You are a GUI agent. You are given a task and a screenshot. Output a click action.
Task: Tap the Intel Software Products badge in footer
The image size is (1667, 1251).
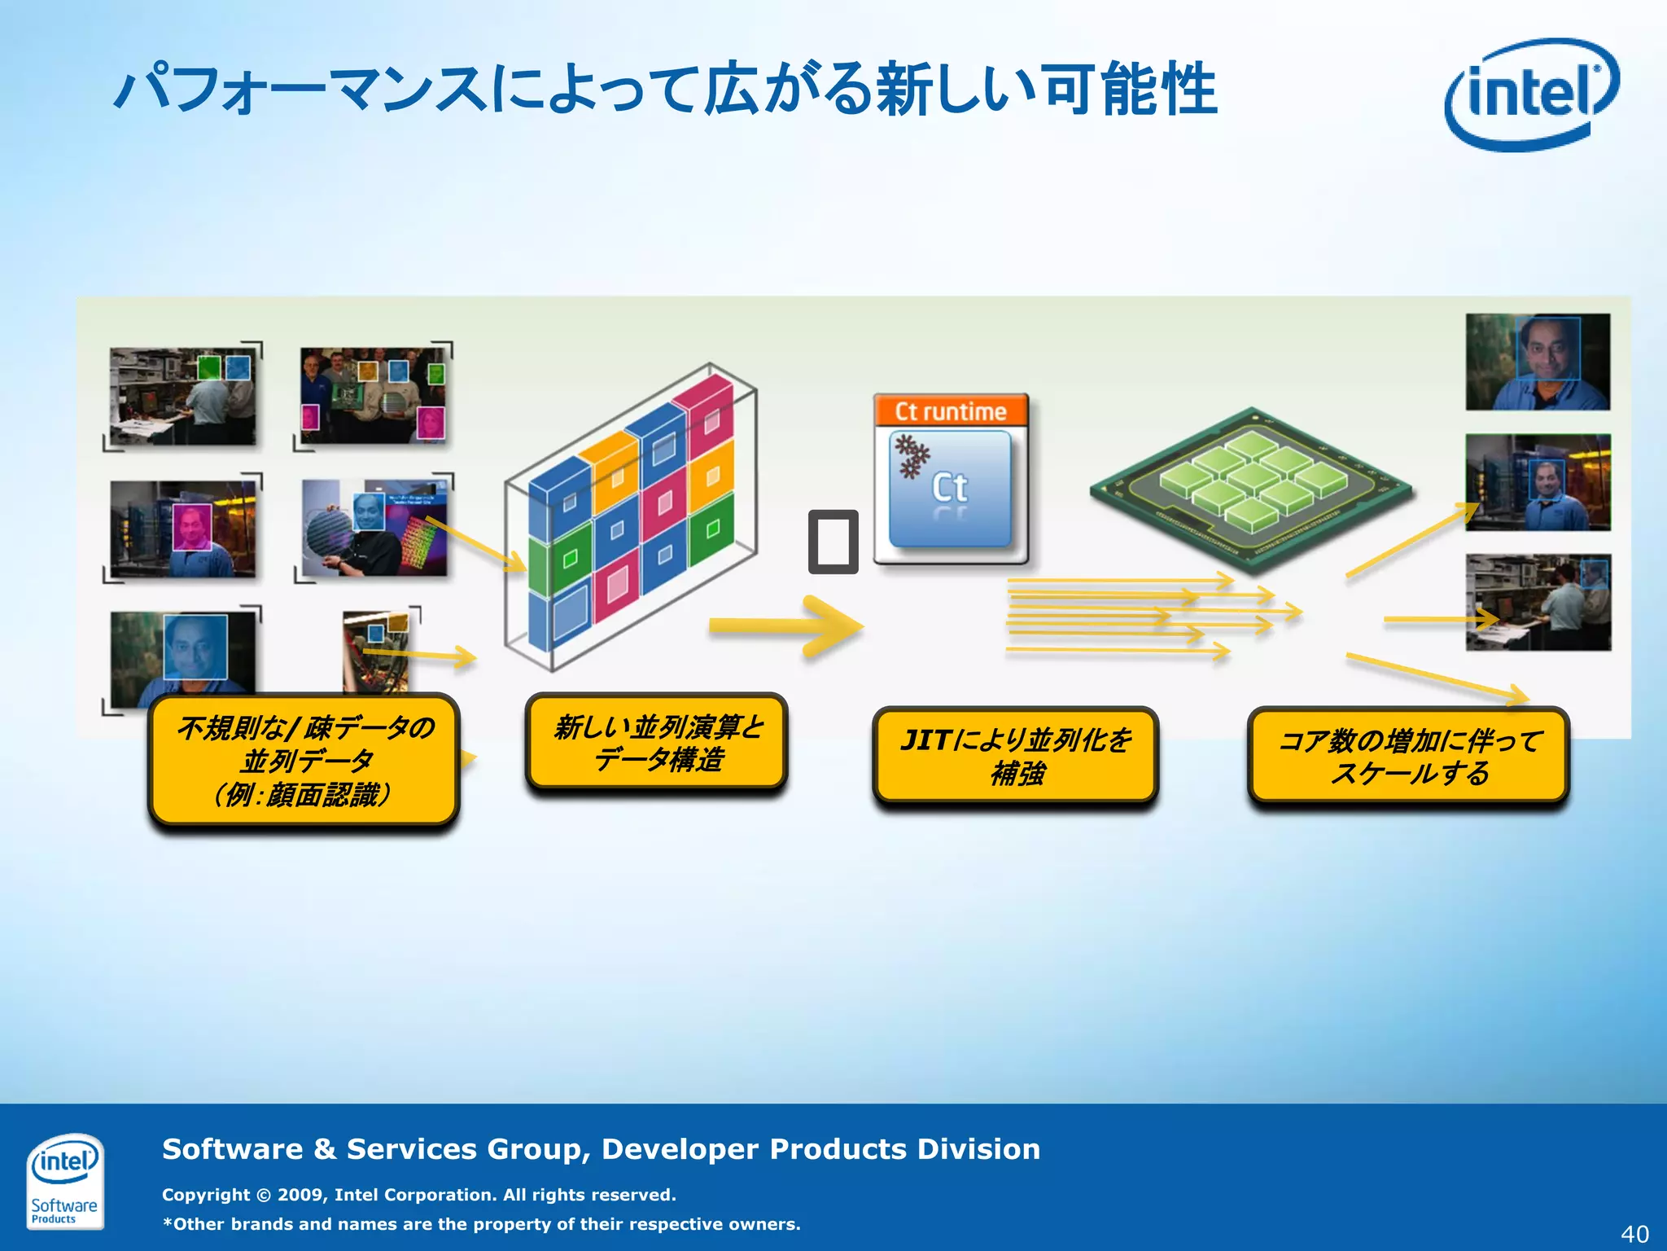64,1180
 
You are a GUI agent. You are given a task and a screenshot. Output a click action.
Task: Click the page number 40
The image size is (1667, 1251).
1634,1233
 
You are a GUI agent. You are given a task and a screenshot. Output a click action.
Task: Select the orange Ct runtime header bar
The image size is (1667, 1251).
951,411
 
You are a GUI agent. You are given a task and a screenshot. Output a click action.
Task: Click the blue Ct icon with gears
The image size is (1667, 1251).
950,488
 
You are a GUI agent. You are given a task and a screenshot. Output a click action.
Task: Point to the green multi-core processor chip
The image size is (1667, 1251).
1251,489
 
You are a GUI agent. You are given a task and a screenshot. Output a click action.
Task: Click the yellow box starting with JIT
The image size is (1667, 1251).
1015,756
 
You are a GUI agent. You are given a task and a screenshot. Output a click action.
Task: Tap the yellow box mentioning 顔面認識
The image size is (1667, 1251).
304,761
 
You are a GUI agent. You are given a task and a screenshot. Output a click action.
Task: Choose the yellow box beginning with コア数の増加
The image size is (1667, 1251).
1408,756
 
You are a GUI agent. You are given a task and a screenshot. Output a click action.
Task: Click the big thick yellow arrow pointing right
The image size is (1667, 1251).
785,625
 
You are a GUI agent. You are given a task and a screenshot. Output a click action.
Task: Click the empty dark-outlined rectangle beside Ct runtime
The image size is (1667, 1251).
833,542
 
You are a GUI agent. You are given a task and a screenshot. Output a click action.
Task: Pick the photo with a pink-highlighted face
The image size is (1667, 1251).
182,529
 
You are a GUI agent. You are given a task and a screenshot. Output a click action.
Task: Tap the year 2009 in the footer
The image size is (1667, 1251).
300,1195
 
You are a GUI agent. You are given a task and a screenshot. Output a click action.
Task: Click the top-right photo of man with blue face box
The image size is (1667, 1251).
1537,362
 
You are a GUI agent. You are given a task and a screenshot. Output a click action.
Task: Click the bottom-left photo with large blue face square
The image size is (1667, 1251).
182,658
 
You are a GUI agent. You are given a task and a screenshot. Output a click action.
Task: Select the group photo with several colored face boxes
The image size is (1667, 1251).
373,395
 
